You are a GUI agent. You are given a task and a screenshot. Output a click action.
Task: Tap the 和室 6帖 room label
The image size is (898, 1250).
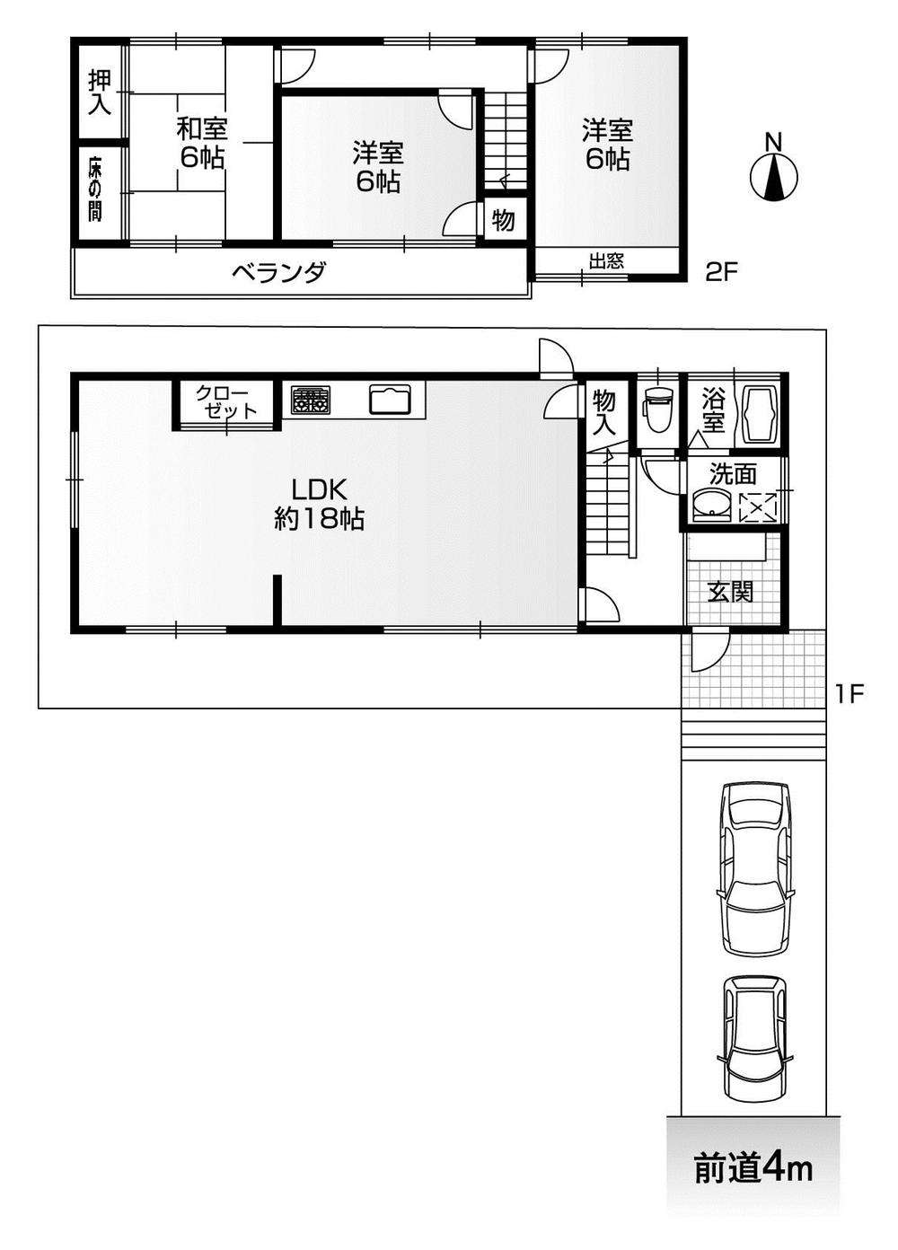click(x=201, y=143)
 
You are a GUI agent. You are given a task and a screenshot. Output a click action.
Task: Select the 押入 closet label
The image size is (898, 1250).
click(x=100, y=92)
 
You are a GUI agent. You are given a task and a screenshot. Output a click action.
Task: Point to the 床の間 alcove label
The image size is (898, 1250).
click(x=95, y=189)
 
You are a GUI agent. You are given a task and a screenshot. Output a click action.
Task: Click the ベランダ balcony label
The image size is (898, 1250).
click(x=278, y=272)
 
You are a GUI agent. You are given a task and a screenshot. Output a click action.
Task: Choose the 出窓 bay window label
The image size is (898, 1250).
click(x=606, y=261)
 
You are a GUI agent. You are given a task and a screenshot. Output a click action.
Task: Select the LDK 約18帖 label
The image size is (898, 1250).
click(x=318, y=504)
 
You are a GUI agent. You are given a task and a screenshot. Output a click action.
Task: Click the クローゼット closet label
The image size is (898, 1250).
click(x=226, y=401)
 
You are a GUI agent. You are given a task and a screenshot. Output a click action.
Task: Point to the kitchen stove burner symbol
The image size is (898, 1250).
click(x=310, y=401)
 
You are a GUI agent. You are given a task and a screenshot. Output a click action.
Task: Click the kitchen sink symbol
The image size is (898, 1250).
click(x=390, y=401)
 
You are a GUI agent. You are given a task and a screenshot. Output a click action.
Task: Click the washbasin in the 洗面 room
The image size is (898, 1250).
click(x=713, y=506)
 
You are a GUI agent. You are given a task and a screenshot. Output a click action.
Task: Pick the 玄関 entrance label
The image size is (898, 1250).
click(x=729, y=592)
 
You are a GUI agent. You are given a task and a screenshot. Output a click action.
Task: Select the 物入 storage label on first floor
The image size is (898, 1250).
click(x=604, y=411)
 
